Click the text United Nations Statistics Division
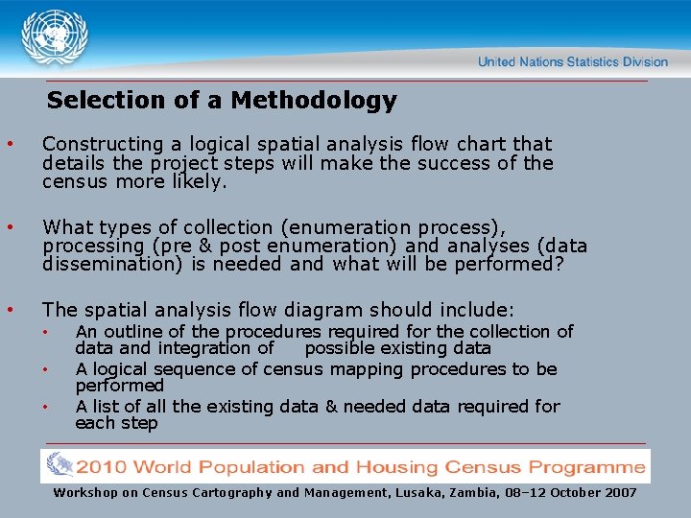(572, 61)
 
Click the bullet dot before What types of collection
(10, 227)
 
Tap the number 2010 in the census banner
(107, 467)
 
